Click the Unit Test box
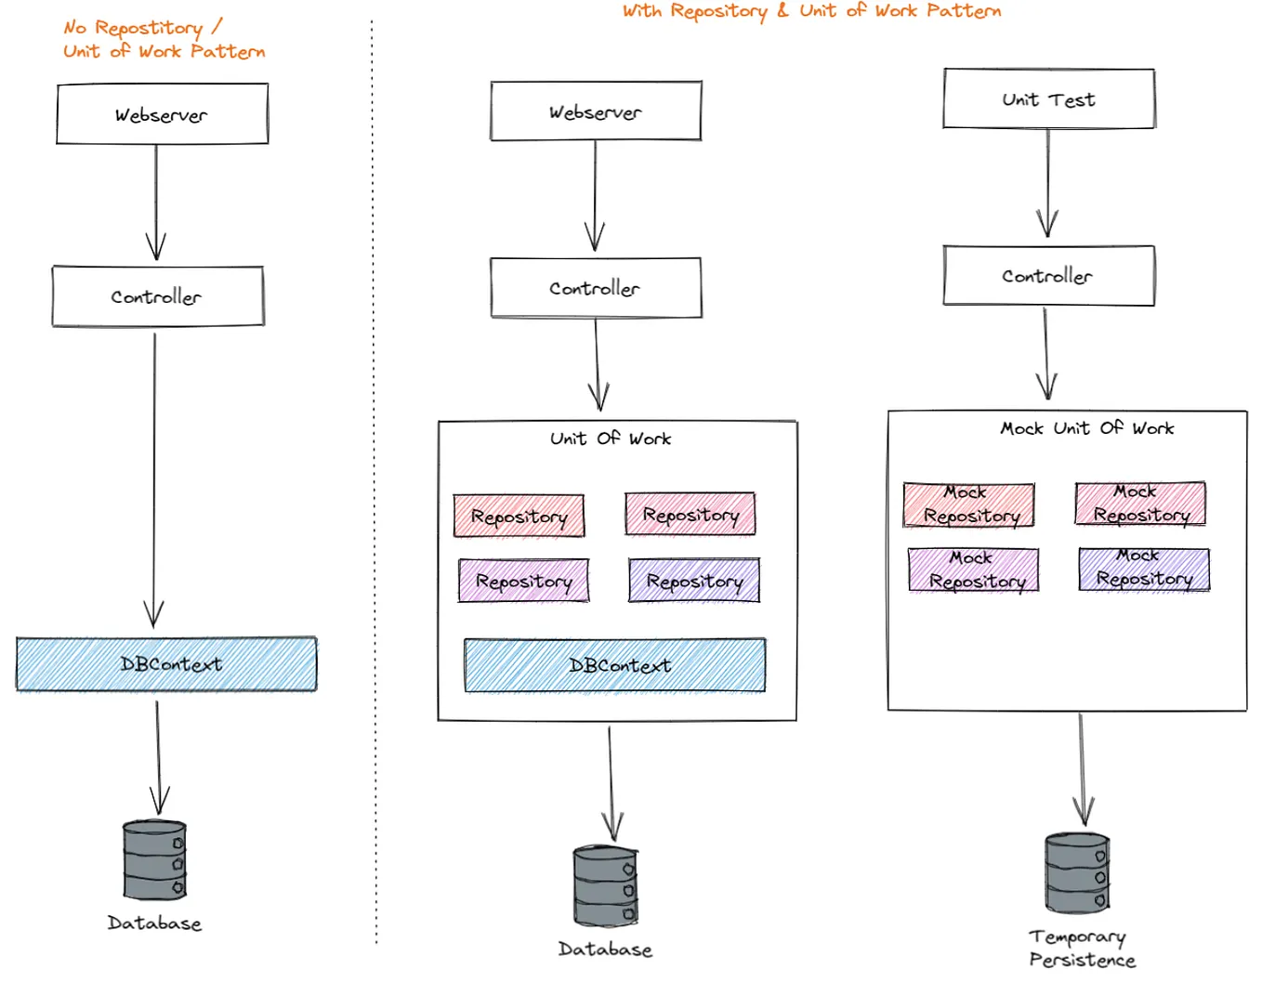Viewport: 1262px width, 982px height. click(1048, 98)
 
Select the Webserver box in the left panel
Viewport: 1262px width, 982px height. click(162, 114)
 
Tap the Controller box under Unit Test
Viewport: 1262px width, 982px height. click(1048, 276)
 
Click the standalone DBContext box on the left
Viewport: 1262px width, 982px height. click(166, 664)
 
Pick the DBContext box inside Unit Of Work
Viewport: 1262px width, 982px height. click(614, 665)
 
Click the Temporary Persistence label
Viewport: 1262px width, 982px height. click(1081, 949)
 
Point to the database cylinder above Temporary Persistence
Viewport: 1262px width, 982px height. click(1077, 873)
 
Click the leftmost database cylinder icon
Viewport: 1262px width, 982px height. click(154, 859)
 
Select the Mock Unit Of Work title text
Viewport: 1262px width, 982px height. click(1086, 428)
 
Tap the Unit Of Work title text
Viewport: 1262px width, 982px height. click(610, 439)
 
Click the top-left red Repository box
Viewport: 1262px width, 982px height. click(519, 517)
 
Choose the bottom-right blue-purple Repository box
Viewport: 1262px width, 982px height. click(694, 582)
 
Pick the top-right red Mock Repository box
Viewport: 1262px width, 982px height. click(1140, 504)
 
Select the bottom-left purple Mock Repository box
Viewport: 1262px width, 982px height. click(973, 570)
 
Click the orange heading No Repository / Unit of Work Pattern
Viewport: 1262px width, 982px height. click(163, 40)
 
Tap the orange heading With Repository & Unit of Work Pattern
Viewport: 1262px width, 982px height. click(810, 11)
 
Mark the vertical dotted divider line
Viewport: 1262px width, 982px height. click(375, 483)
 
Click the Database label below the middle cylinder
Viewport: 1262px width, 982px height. click(605, 949)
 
